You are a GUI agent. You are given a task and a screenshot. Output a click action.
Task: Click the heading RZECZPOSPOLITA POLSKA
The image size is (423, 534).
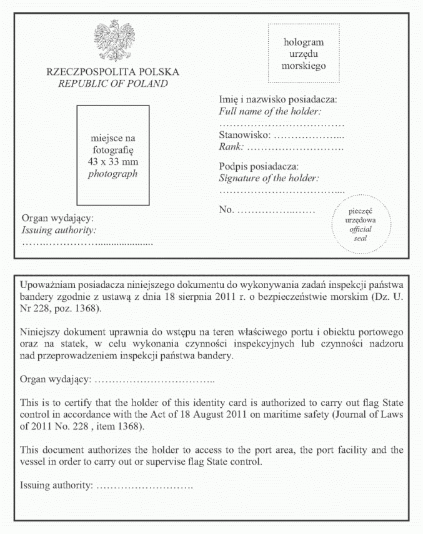tap(113, 72)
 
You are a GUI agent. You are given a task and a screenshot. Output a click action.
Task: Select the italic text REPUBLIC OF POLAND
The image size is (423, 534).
tap(113, 84)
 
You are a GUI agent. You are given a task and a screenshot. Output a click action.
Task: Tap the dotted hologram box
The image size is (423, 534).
tap(304, 54)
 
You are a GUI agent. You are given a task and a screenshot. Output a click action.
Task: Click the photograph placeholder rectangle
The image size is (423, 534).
tap(113, 156)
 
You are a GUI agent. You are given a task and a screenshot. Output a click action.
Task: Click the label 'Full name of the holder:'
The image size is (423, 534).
tap(269, 112)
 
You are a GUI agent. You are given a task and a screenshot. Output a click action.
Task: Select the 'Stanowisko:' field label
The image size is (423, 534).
tap(244, 135)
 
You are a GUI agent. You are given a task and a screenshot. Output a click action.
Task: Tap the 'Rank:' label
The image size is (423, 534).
tap(231, 147)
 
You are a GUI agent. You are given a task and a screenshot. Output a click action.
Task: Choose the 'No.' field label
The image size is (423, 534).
tap(226, 209)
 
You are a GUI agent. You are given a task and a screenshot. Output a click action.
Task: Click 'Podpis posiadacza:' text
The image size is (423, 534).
tap(259, 167)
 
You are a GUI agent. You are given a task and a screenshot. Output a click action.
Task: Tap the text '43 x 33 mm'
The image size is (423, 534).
tap(112, 162)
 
